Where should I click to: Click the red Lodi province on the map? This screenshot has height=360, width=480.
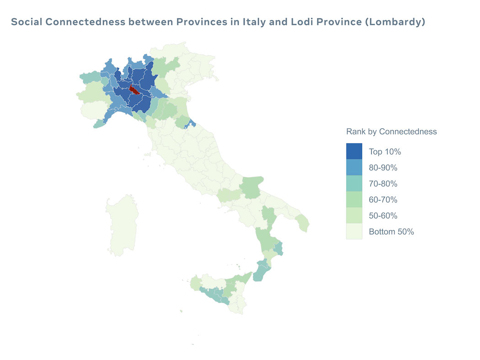click(134, 89)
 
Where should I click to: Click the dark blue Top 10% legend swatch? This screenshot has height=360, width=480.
click(354, 152)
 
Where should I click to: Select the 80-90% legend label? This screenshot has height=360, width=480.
click(383, 168)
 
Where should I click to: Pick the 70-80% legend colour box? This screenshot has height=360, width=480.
click(354, 184)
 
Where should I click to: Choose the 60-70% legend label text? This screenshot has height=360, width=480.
click(383, 200)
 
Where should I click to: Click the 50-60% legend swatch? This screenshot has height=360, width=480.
click(354, 216)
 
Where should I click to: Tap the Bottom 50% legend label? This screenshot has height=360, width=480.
click(391, 232)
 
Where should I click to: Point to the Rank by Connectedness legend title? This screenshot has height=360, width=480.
click(391, 132)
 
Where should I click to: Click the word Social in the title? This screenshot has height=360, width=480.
click(27, 22)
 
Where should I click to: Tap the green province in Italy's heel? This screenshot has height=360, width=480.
click(303, 223)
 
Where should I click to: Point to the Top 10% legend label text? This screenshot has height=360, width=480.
click(384, 152)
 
